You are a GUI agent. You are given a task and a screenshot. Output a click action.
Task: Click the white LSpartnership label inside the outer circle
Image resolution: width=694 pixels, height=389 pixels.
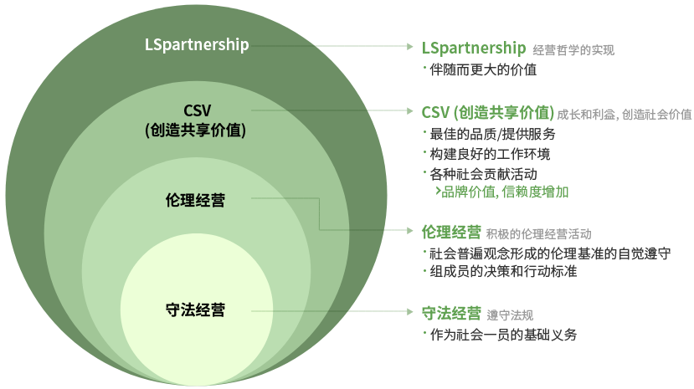pyautogui.click(x=196, y=44)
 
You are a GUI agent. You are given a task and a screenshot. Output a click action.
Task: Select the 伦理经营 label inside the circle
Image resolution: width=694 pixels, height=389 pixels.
pyautogui.click(x=196, y=200)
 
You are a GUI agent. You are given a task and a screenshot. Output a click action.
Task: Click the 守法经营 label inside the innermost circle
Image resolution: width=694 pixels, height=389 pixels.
pyautogui.click(x=196, y=310)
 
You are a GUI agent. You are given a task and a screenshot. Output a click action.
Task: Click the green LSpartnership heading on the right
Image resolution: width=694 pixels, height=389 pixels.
pyautogui.click(x=473, y=49)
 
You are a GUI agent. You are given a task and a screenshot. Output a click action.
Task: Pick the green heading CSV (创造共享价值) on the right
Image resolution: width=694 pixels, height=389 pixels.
pyautogui.click(x=487, y=112)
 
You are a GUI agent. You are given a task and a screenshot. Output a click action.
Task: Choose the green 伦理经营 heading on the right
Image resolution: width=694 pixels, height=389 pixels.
pyautogui.click(x=451, y=232)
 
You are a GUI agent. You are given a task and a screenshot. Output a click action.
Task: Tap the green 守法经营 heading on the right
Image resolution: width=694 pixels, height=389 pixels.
pyautogui.click(x=451, y=315)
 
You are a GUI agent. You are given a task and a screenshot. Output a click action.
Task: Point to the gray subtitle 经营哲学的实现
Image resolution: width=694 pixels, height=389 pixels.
pyautogui.click(x=573, y=50)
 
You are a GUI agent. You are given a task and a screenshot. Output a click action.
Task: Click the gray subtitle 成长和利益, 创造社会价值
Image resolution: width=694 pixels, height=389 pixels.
pyautogui.click(x=625, y=114)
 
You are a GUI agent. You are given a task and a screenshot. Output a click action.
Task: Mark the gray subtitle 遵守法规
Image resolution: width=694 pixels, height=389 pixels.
pyautogui.click(x=510, y=316)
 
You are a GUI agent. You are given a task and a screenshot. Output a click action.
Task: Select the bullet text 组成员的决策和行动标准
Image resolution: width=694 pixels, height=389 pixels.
pyautogui.click(x=502, y=271)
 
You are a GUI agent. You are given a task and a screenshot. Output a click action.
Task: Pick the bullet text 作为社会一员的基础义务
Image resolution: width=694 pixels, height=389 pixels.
pyautogui.click(x=502, y=335)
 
